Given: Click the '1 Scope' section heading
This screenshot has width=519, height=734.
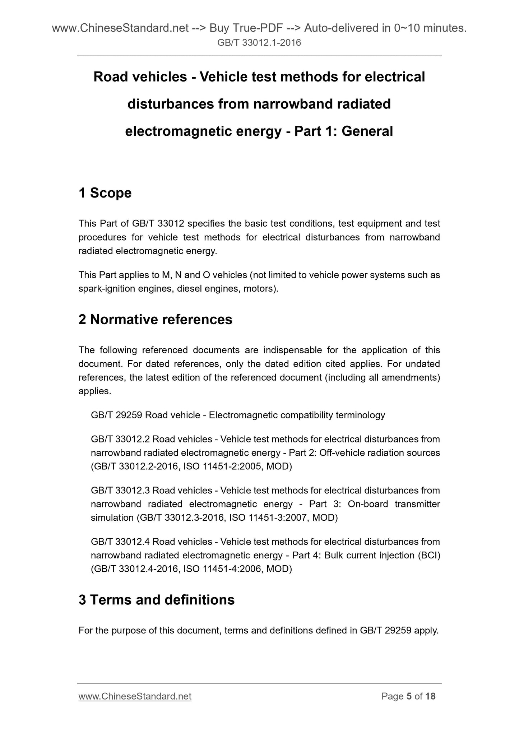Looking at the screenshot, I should (105, 193).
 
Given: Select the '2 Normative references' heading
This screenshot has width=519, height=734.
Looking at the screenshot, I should (155, 320).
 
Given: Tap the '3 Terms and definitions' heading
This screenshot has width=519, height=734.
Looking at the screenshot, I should (156, 600).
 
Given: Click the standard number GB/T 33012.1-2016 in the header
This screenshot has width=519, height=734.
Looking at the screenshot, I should (259, 43).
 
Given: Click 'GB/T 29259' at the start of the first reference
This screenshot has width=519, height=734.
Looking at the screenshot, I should (116, 415).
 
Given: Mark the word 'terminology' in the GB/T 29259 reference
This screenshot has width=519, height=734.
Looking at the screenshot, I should (360, 415).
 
